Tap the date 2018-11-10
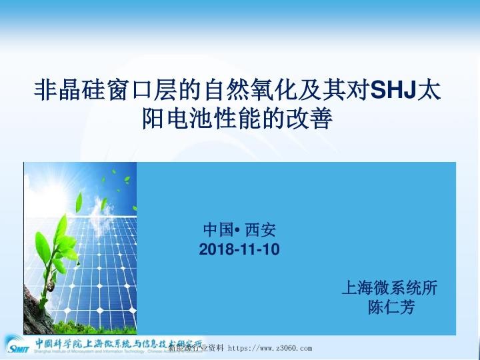tap(239, 250)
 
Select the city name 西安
tap(260, 231)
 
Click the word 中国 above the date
tap(217, 231)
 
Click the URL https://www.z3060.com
tap(270, 348)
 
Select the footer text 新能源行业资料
tap(196, 348)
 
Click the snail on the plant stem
tap(51, 288)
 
